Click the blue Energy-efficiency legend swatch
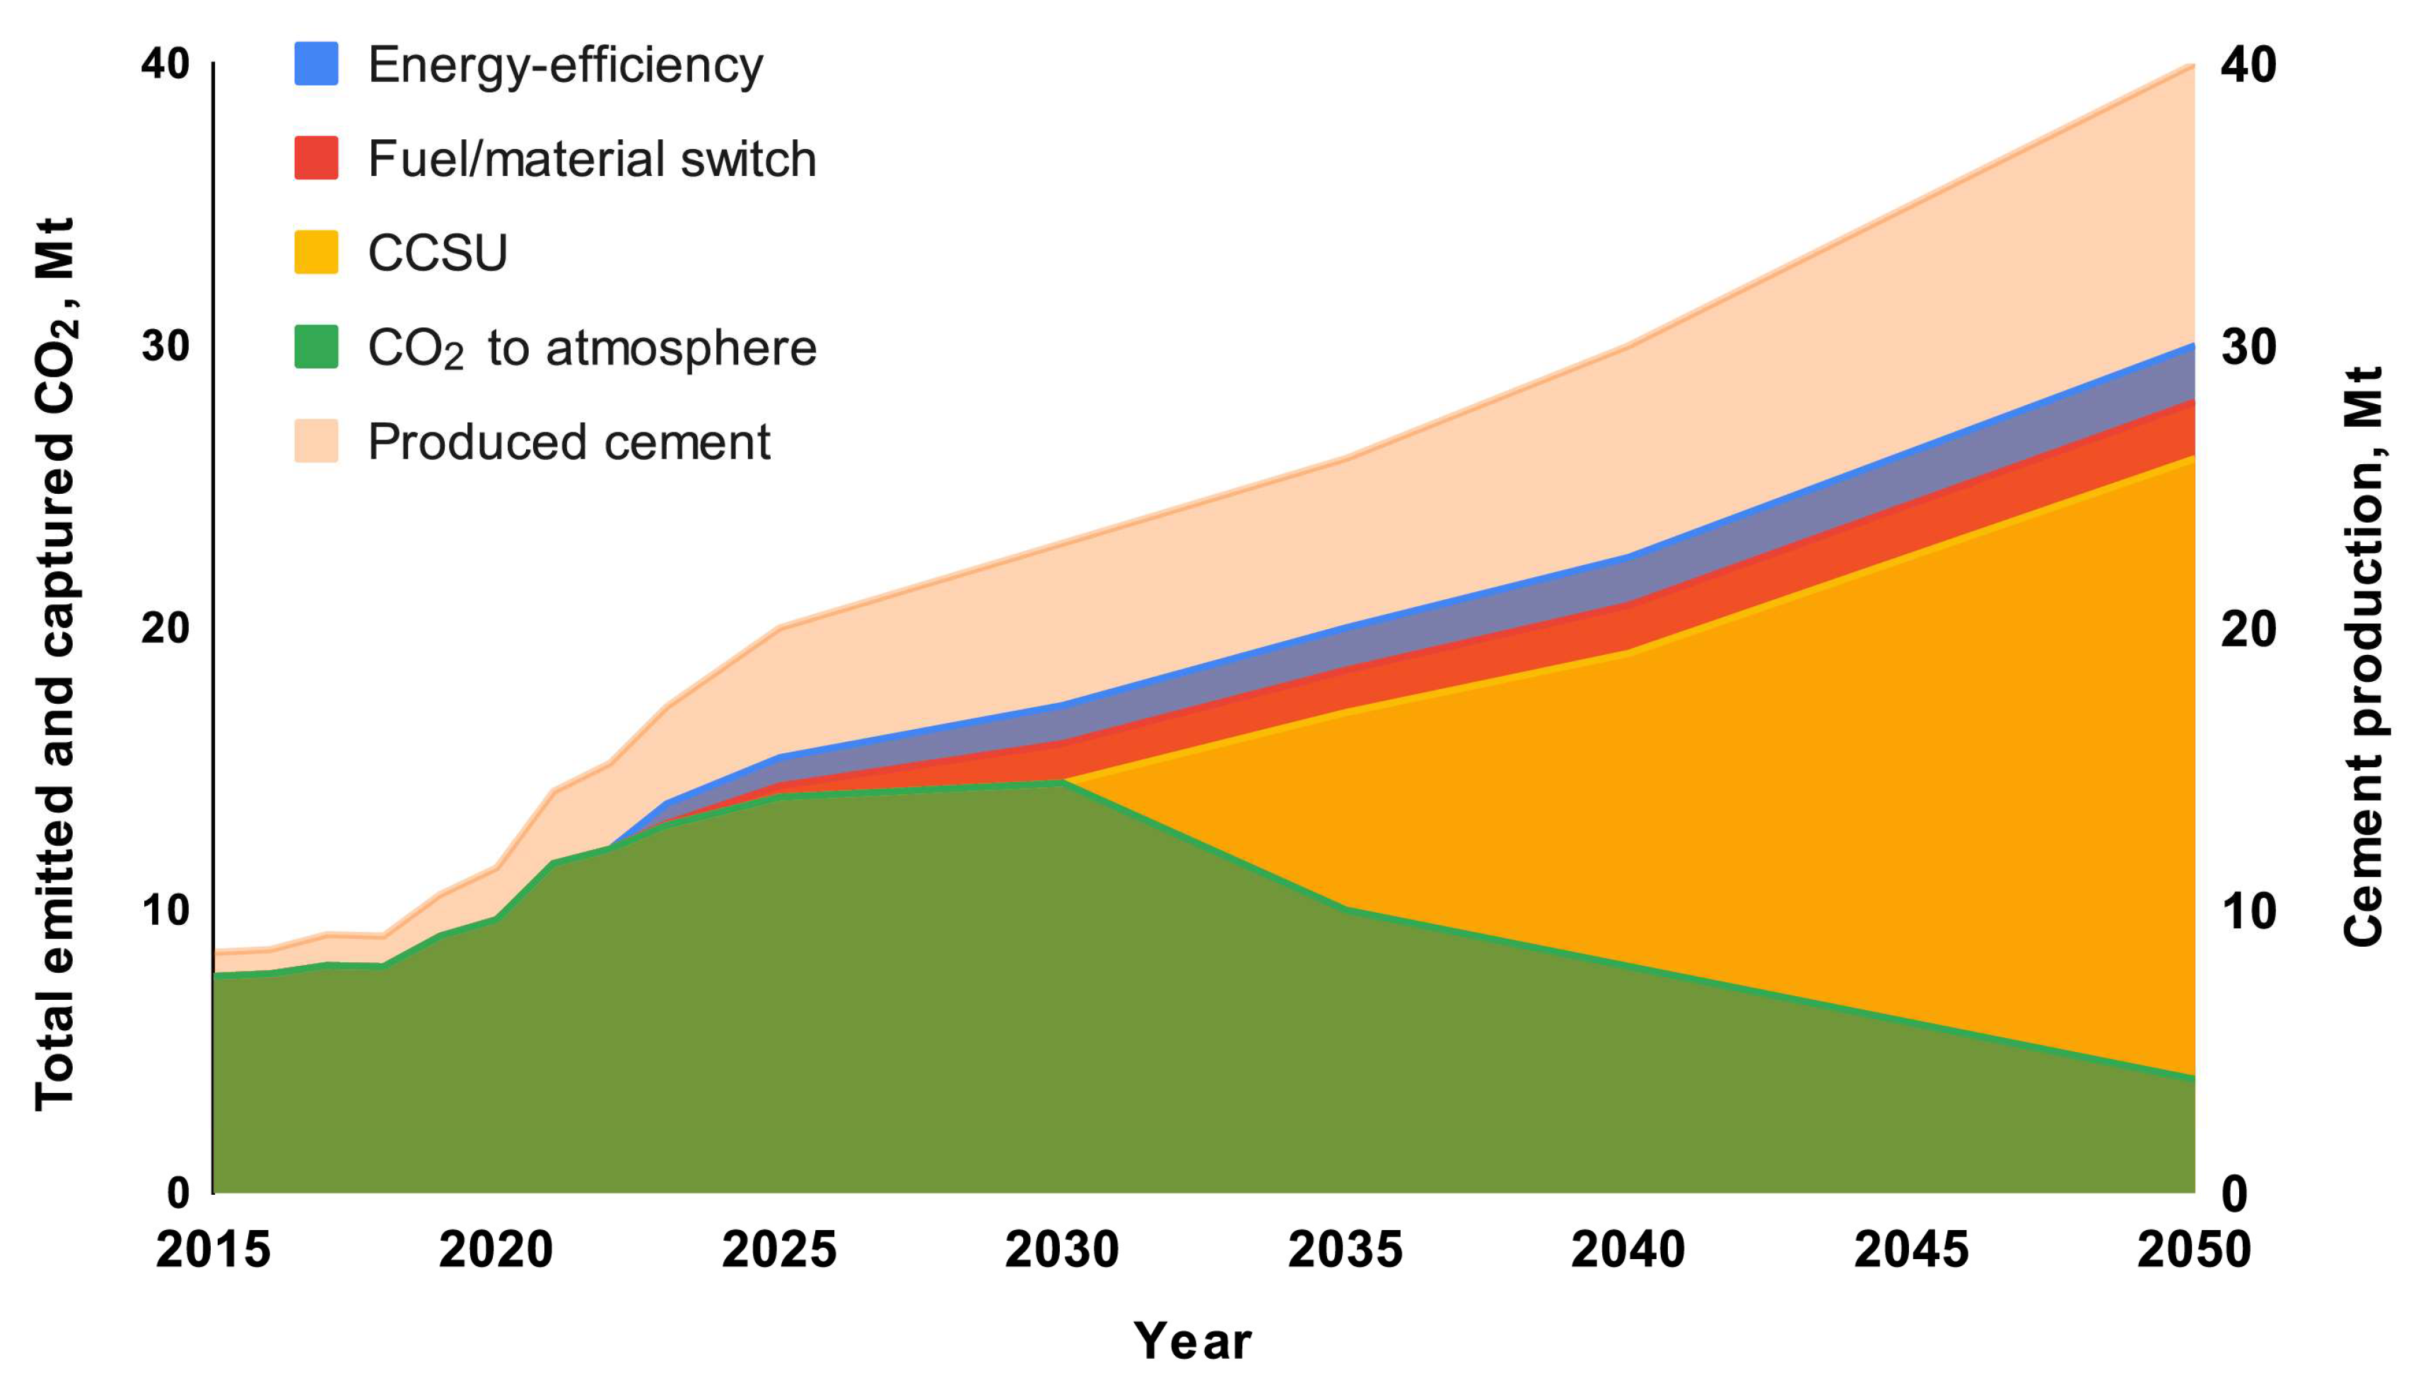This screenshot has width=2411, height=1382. (x=316, y=64)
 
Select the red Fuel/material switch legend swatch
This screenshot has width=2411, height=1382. (x=316, y=158)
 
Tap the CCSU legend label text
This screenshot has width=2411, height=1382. (x=437, y=252)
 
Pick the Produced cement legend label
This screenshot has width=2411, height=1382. (x=568, y=442)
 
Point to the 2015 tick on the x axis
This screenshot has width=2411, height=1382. (x=214, y=1250)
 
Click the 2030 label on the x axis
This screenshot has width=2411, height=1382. (x=1062, y=1250)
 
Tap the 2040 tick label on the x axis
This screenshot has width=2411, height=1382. (x=1628, y=1250)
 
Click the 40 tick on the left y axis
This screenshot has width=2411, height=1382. (x=165, y=64)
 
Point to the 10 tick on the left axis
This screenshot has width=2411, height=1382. (x=165, y=911)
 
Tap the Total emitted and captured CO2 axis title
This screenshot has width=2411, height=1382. (x=55, y=664)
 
